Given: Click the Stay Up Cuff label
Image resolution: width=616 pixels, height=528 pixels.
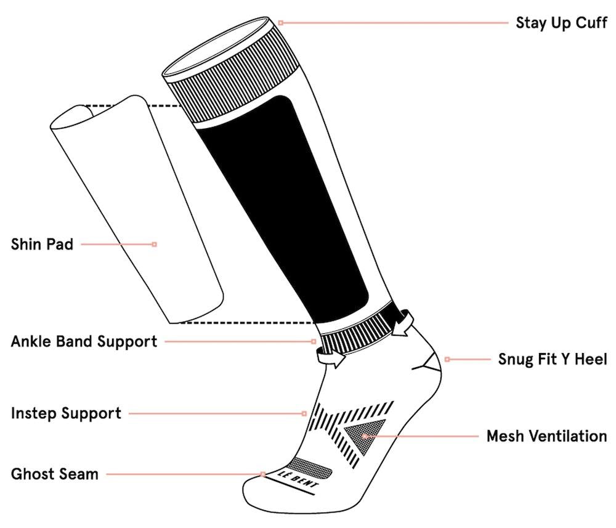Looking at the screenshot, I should click(561, 23).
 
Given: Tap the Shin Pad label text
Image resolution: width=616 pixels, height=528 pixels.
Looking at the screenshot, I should click(42, 244).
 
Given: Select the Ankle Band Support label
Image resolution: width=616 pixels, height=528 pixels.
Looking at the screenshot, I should click(84, 341).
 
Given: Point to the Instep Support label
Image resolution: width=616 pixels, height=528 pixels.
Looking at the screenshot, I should click(66, 413).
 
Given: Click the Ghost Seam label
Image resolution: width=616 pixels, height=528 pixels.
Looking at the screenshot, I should click(54, 474).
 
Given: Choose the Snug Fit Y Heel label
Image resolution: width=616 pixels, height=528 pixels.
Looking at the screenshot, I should click(553, 359).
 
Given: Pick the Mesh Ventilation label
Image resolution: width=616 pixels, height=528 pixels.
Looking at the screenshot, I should click(546, 436).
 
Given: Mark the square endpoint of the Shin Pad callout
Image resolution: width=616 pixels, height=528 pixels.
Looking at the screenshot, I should click(154, 244).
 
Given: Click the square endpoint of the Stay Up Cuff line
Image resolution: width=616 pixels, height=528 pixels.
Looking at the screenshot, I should click(281, 23).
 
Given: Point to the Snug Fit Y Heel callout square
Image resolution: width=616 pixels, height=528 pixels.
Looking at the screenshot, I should click(447, 359).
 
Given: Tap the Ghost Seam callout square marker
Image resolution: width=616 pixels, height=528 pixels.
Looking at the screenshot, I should click(263, 474).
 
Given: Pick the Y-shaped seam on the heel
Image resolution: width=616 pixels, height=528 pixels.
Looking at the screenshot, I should click(428, 364).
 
